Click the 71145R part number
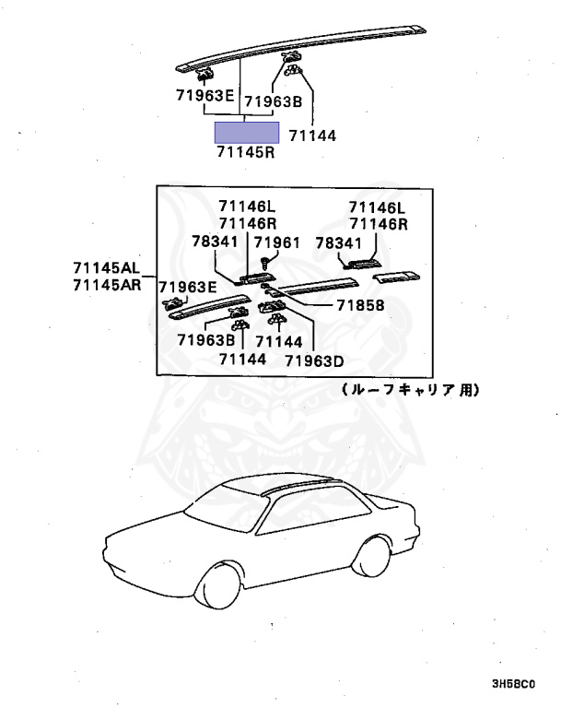pos(246,153)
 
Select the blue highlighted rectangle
pos(247,132)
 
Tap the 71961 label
pos(277,242)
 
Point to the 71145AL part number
pos(107,268)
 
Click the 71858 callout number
pos(360,306)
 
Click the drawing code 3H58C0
pos(512,685)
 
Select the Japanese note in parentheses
pos(409,390)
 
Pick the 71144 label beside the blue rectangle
pos(312,136)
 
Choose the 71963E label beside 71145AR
pos(188,287)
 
